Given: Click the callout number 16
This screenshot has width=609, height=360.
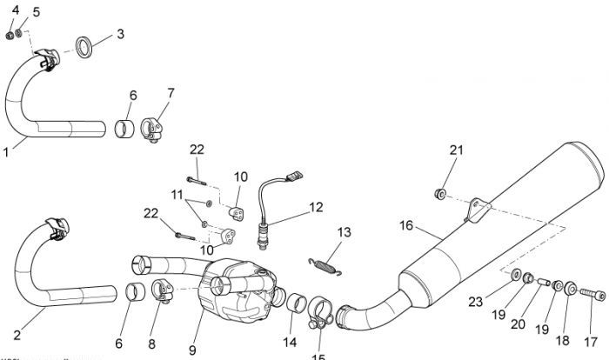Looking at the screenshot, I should [405, 224].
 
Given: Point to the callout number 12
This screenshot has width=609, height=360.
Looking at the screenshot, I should [315, 207].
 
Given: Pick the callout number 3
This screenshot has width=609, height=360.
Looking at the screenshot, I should [120, 34].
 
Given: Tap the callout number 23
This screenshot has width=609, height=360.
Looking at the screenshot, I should [499, 303].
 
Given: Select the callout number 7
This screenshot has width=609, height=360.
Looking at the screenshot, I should [171, 92].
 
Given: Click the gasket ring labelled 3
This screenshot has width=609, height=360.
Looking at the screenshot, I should [86, 45].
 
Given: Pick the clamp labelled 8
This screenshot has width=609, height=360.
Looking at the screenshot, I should [162, 290].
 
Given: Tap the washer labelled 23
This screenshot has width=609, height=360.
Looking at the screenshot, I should [517, 276].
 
